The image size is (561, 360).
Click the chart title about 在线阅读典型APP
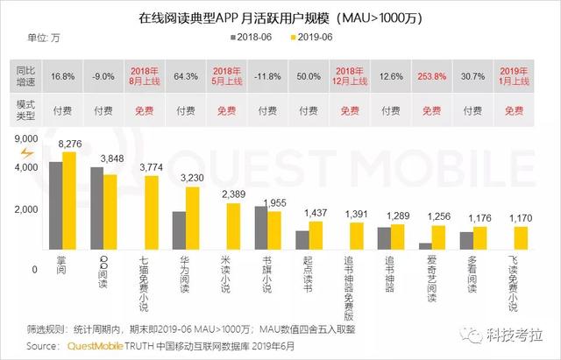pos(280,17)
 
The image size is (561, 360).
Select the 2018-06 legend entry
pos(256,39)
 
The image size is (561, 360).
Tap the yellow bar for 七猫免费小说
pos(152,222)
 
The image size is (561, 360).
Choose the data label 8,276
pos(69,143)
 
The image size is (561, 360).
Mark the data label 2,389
pos(233,194)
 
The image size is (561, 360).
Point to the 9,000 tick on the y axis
pos(25,138)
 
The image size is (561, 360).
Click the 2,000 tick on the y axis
pos(25,209)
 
